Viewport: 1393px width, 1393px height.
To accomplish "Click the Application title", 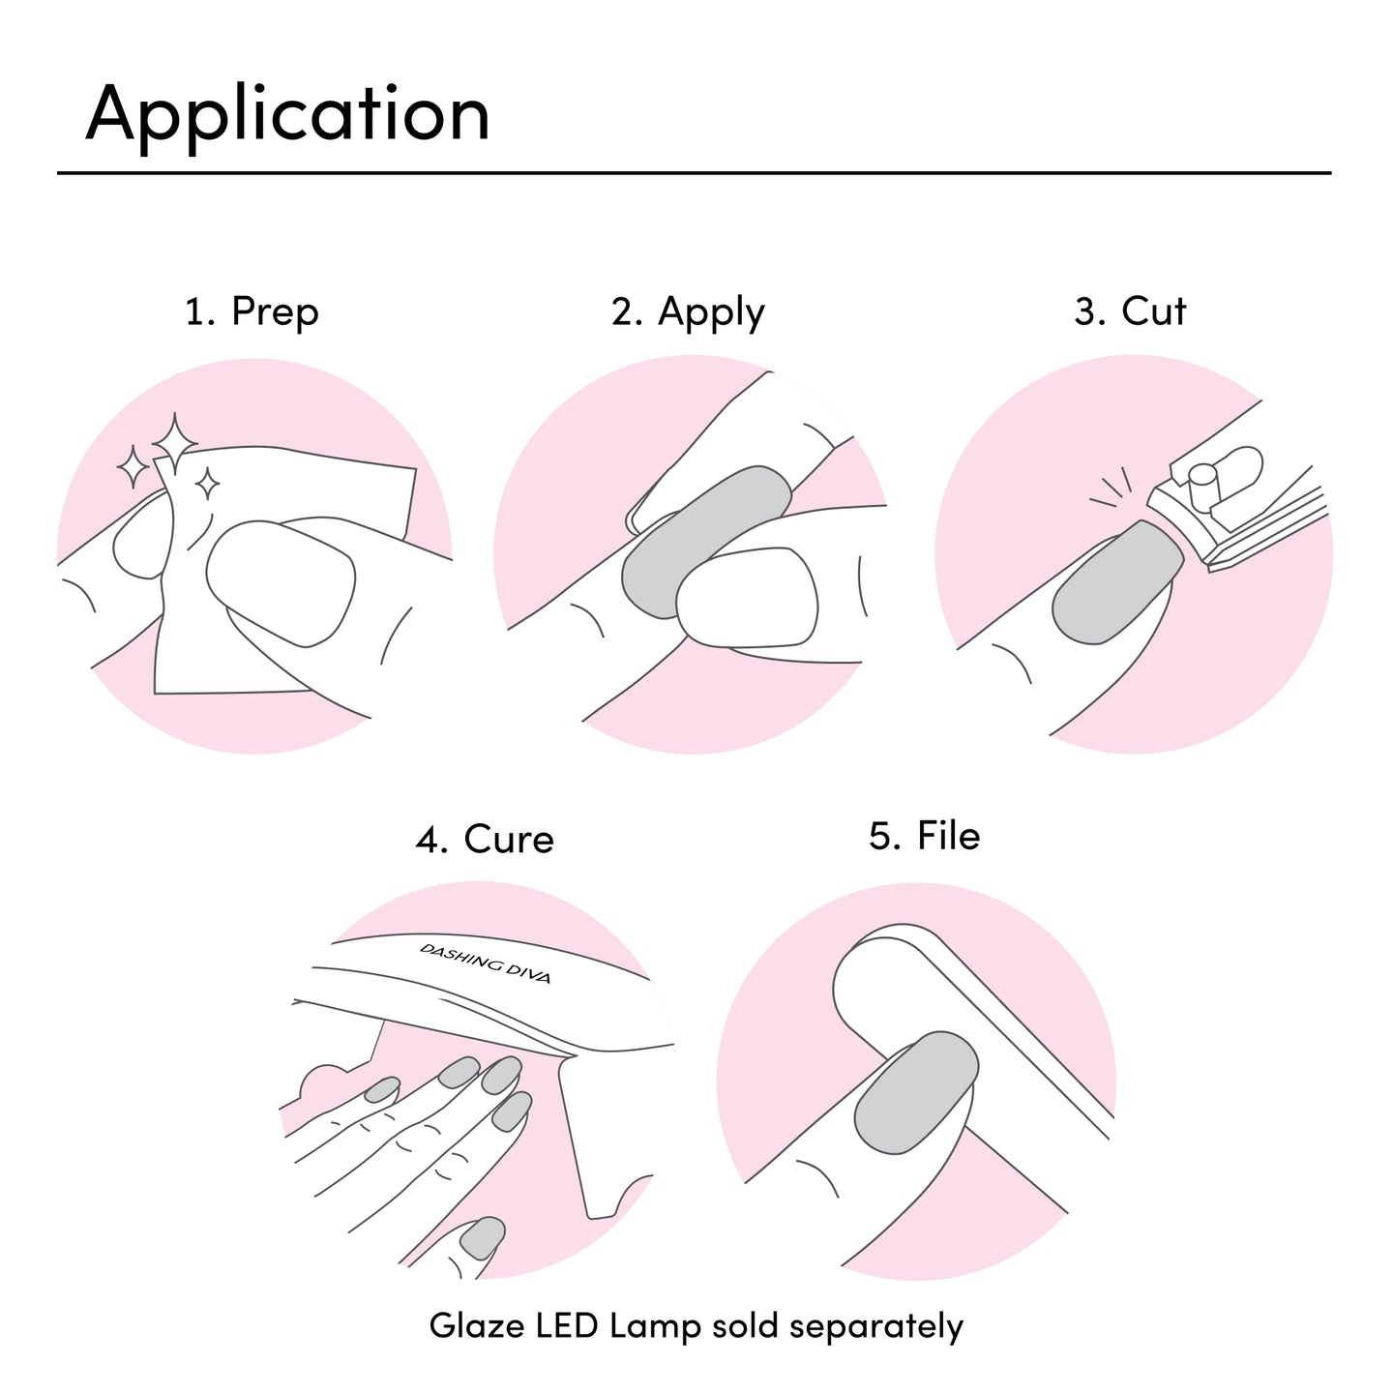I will [x=287, y=115].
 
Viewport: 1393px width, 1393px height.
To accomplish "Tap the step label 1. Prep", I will [x=252, y=312].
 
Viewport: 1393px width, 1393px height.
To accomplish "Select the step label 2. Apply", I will [x=688, y=312].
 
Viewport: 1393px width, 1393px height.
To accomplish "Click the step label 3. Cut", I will [x=1130, y=311].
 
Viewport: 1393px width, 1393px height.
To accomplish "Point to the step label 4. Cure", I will [x=485, y=839].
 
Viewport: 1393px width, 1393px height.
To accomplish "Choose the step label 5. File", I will [x=924, y=836].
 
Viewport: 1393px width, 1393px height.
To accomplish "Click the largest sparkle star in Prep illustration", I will [x=175, y=443].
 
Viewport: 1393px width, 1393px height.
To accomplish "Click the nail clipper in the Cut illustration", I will [x=1238, y=508].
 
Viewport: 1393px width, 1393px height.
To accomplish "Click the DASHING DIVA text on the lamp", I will [x=486, y=963].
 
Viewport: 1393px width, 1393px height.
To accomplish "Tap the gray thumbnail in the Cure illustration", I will [x=483, y=1237].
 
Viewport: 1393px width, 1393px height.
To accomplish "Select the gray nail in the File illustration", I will [x=915, y=1093].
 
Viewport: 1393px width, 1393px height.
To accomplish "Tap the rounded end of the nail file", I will [x=866, y=977].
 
